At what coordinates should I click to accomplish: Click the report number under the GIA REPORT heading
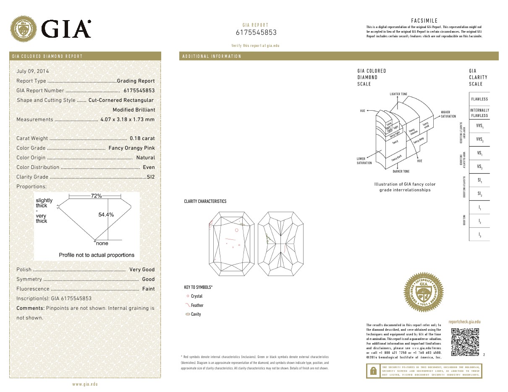(x=256, y=33)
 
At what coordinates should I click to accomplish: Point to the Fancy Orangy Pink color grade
(x=131, y=148)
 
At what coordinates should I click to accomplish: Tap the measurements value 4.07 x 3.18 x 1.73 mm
(x=128, y=119)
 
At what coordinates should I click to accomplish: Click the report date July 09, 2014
(x=33, y=71)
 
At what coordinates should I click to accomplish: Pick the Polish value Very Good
(x=142, y=270)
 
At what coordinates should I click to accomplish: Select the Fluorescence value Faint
(x=148, y=289)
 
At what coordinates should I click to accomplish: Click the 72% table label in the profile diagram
(x=97, y=196)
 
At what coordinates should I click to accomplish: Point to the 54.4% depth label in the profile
(x=106, y=215)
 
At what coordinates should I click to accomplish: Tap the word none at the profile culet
(x=102, y=243)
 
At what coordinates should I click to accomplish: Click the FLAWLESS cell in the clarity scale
(x=479, y=99)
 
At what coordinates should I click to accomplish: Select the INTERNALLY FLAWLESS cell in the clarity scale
(x=479, y=113)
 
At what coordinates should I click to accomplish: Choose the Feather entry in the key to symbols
(x=197, y=306)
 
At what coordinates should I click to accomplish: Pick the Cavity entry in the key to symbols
(x=196, y=314)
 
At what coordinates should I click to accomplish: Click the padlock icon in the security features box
(x=373, y=371)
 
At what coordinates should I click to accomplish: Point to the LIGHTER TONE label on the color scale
(x=398, y=94)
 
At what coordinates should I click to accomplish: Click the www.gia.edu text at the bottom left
(x=85, y=384)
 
